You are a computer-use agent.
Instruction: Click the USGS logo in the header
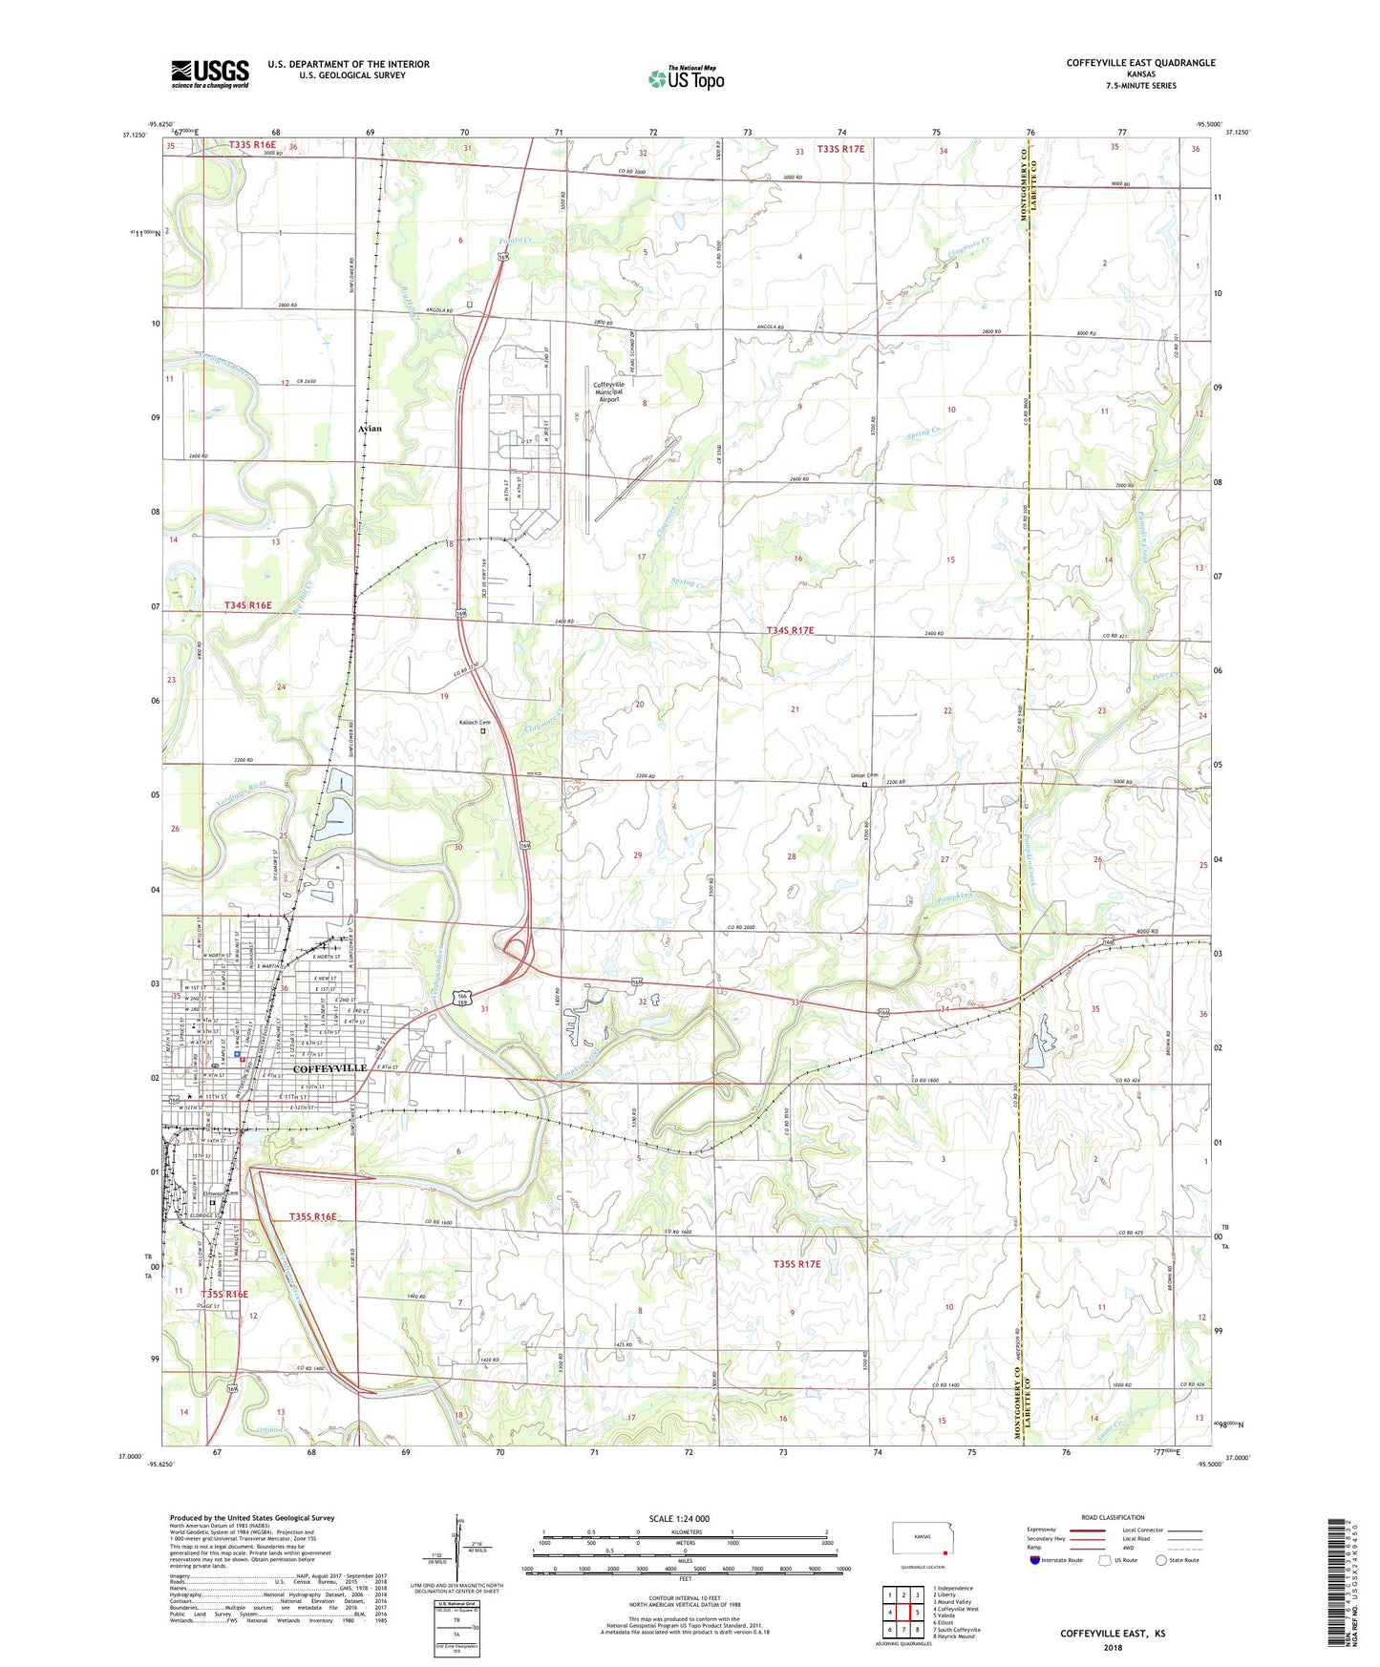point(210,74)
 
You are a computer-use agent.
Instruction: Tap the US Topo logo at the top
point(685,78)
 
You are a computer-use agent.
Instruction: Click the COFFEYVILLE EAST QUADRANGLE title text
point(1140,63)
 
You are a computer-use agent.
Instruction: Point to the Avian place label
point(370,429)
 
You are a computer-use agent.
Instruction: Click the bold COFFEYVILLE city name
point(329,1068)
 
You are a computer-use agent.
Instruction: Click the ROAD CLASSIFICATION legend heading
point(1112,1517)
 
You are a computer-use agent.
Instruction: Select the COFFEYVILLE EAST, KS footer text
point(1112,1634)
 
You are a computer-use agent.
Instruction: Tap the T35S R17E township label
point(796,1264)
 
